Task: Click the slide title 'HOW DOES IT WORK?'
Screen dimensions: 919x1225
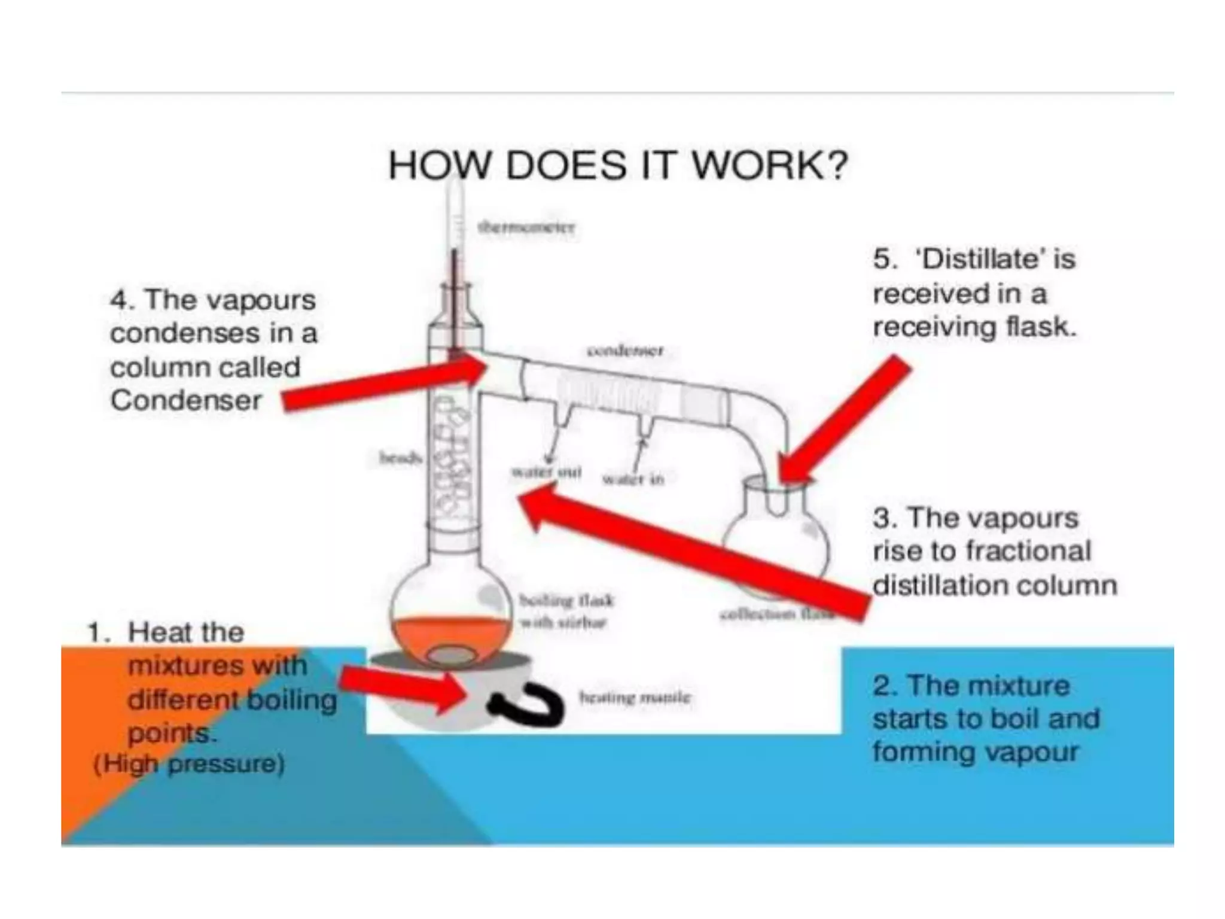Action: click(x=618, y=165)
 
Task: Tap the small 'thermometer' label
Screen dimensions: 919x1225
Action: click(x=526, y=227)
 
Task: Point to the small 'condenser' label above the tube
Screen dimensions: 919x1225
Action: click(x=625, y=350)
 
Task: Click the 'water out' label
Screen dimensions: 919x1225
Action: click(x=546, y=471)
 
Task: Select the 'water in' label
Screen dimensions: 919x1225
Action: click(x=633, y=479)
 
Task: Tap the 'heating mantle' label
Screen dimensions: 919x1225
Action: click(x=635, y=697)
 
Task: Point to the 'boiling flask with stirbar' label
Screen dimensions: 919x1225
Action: click(x=565, y=611)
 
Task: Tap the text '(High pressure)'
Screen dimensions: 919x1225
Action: click(x=188, y=764)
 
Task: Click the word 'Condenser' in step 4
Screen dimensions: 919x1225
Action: click(x=186, y=400)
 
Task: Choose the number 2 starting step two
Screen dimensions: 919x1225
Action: click(x=882, y=686)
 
